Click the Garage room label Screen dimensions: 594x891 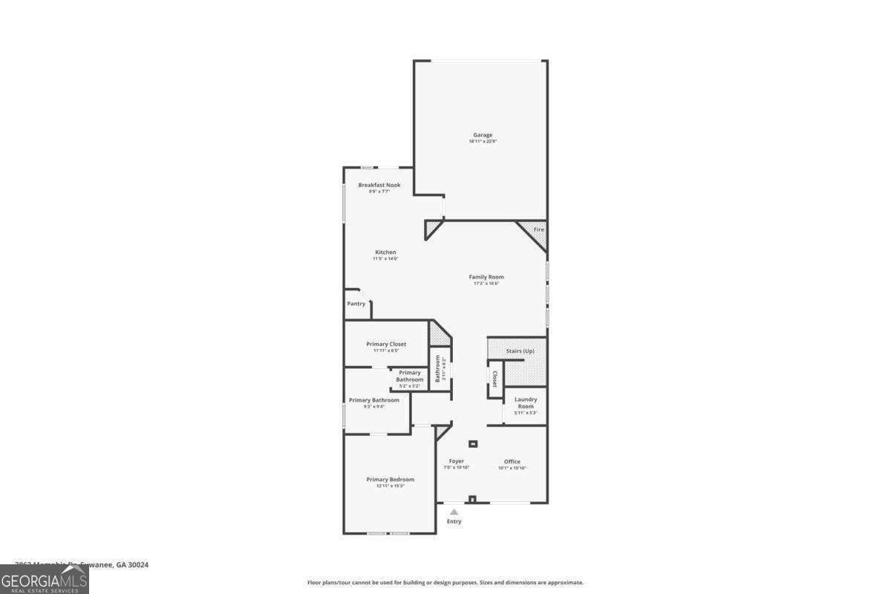pos(483,135)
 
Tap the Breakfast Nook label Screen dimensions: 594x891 pos(379,185)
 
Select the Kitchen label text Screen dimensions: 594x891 pos(385,252)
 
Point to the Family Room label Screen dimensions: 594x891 pos(486,277)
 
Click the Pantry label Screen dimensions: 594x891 pos(356,304)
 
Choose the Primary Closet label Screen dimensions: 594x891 pos(386,345)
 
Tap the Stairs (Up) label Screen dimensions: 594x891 pos(520,350)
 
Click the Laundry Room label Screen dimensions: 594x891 pos(526,403)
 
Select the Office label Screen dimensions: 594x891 pos(512,461)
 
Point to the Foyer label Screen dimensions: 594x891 pos(456,461)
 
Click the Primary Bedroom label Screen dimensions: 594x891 pos(390,480)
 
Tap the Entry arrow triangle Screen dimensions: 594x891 pos(454,512)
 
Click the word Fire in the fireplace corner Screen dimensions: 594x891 pos(539,230)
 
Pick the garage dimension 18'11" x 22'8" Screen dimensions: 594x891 pos(483,142)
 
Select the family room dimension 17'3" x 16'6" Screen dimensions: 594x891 pos(486,284)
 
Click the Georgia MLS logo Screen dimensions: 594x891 pos(45,579)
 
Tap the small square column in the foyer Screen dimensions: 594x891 pos(472,444)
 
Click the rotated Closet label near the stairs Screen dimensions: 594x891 pos(495,379)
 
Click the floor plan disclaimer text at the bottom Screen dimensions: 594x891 pos(446,583)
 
